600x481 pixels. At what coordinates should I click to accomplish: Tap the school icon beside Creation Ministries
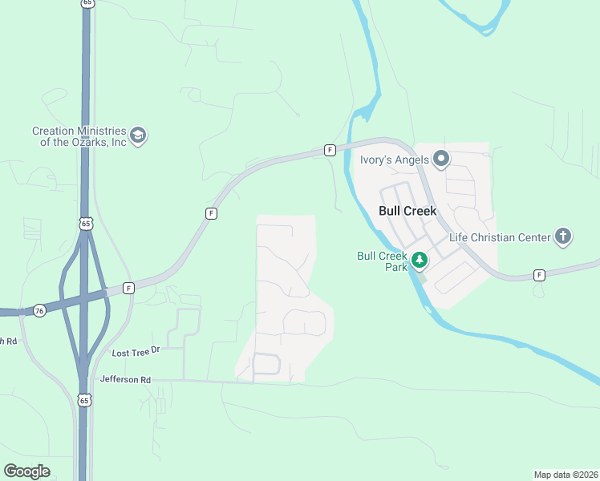click(138, 135)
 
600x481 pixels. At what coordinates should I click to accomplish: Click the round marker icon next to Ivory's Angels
click(440, 160)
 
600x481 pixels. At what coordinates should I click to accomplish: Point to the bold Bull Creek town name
click(407, 212)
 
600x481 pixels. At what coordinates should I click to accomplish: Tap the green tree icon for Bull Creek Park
click(419, 260)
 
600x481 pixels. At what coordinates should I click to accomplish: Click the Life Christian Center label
click(500, 237)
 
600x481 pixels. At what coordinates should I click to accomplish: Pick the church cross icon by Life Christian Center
click(563, 236)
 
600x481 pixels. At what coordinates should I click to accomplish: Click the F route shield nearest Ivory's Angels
click(330, 150)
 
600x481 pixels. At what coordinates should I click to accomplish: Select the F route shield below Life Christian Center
click(539, 275)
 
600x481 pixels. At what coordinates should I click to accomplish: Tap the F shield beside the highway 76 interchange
click(128, 288)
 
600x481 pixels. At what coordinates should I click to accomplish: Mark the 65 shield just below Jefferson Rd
click(85, 399)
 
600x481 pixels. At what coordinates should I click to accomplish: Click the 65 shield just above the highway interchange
click(85, 223)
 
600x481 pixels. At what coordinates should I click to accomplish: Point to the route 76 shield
click(39, 310)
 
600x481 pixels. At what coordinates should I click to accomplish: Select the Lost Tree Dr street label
click(136, 352)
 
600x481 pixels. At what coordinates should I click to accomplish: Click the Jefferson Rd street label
click(125, 379)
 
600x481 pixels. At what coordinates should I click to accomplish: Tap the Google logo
click(27, 471)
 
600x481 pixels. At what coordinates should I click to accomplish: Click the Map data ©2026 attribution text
click(566, 475)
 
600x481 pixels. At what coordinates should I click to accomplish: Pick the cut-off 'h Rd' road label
click(8, 341)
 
